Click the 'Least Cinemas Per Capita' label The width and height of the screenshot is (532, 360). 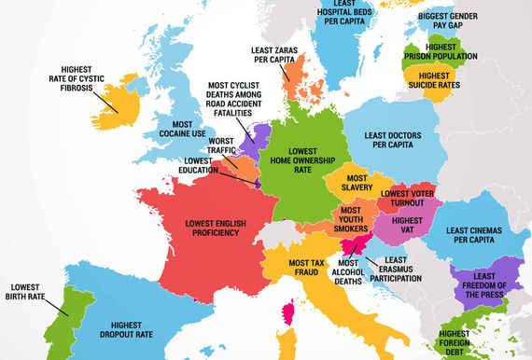coord(477,237)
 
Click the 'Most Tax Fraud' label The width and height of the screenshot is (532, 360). coord(305,268)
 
